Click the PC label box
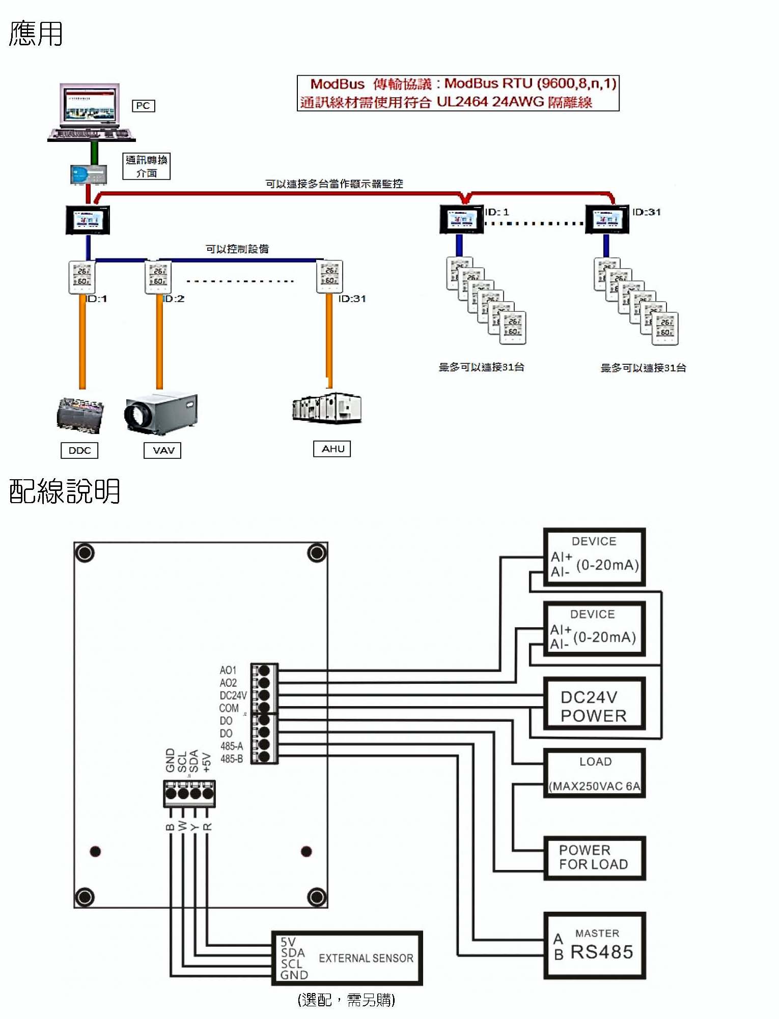tap(143, 106)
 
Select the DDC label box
tap(79, 450)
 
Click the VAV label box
tap(163, 450)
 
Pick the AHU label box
tap(332, 449)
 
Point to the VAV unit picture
tap(161, 414)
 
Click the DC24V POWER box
tap(595, 706)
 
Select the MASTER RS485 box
tap(595, 946)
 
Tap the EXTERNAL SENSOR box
tap(347, 958)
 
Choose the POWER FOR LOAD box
tap(595, 858)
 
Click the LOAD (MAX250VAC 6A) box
tap(595, 773)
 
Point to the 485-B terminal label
tap(232, 759)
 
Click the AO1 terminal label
tap(228, 670)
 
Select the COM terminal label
tap(229, 708)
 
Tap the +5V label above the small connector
tap(206, 762)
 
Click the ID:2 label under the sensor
tap(174, 299)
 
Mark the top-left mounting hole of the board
tap(85, 553)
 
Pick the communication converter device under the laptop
tap(89, 174)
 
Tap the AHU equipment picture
tap(327, 408)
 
